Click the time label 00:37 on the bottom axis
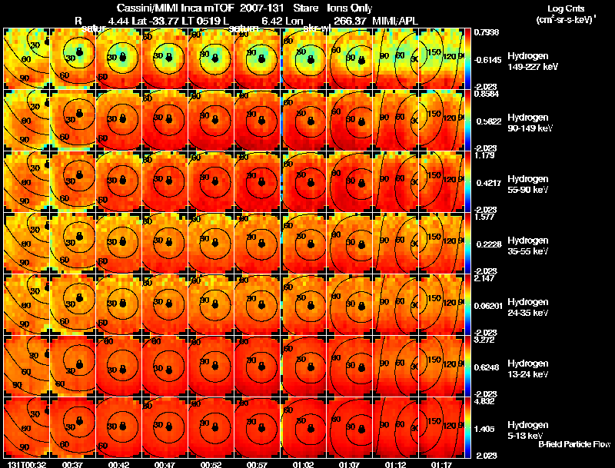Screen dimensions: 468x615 [72, 464]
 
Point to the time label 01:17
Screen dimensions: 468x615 [441, 464]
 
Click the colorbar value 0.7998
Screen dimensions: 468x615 [487, 32]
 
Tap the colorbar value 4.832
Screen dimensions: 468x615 [487, 400]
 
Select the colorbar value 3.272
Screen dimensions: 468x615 [487, 339]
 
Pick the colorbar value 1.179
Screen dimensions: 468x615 [487, 154]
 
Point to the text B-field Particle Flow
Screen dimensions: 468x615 [574, 445]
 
